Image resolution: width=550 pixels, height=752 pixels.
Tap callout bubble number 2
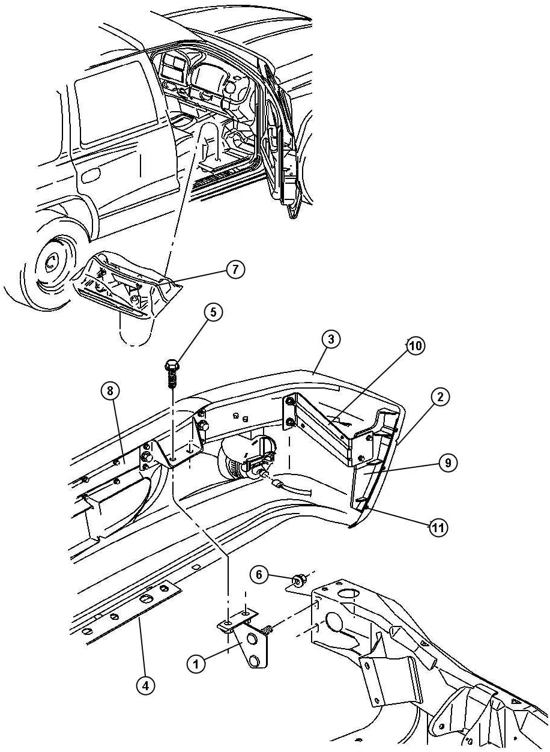[x=440, y=397]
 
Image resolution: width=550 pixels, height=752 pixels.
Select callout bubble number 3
[x=330, y=339]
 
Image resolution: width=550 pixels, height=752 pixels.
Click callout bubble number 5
[x=213, y=312]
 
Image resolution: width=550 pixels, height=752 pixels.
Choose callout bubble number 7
[x=235, y=270]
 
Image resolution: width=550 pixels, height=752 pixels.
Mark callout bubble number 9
[x=448, y=463]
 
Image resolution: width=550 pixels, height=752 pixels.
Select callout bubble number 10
[x=416, y=346]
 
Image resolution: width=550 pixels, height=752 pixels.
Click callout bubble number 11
[x=438, y=528]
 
